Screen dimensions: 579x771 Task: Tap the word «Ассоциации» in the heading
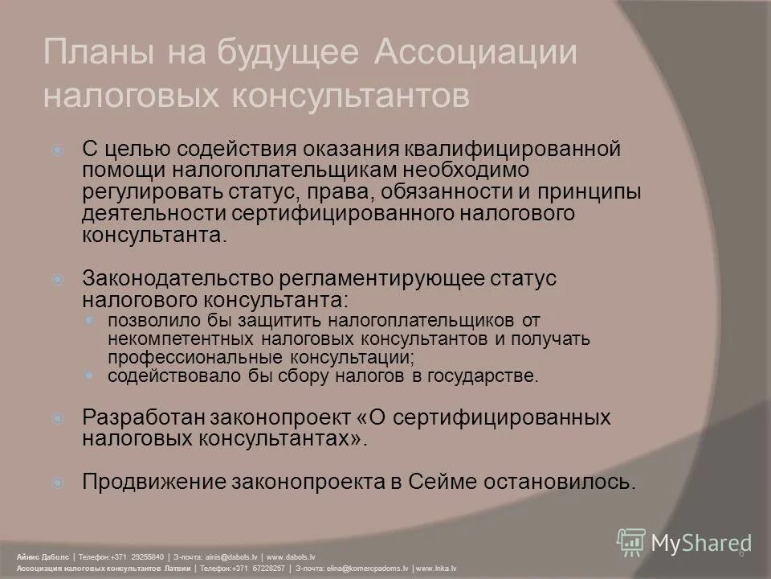tap(476, 54)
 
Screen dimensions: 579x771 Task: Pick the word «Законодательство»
tap(177, 277)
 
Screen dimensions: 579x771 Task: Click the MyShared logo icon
tap(631, 543)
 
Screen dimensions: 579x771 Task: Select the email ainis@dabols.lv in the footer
tap(230, 556)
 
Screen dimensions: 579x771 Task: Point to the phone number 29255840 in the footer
tap(148, 556)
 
